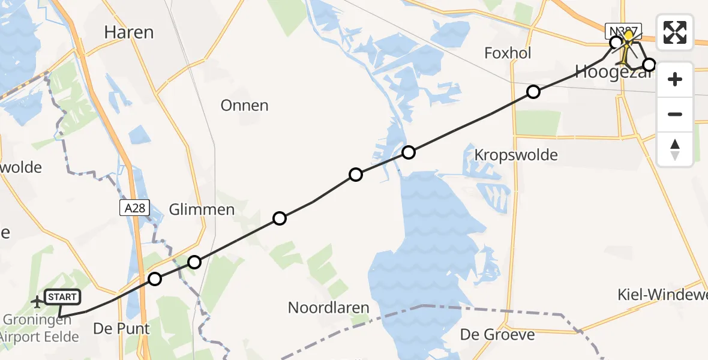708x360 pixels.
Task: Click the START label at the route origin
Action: click(x=62, y=297)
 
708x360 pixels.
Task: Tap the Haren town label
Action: click(x=129, y=32)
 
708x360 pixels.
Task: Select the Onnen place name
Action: click(x=244, y=106)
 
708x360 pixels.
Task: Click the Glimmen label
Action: click(x=202, y=209)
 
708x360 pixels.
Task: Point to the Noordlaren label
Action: click(x=328, y=308)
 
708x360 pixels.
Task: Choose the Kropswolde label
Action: click(x=515, y=155)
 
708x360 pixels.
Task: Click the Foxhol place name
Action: click(x=508, y=53)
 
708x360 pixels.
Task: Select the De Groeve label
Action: click(x=497, y=334)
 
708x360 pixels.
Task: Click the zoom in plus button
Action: click(x=675, y=79)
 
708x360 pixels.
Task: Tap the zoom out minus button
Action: click(x=675, y=114)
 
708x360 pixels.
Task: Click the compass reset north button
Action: click(x=675, y=149)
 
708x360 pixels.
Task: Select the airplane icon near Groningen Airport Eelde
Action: click(x=37, y=301)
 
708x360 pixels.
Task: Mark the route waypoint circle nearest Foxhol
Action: click(x=533, y=92)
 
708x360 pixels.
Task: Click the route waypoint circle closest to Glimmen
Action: click(x=194, y=262)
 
